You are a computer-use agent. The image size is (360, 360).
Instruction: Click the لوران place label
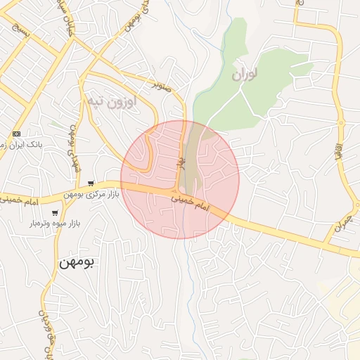[245, 72]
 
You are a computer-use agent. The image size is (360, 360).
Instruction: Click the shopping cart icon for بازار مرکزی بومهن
[91, 184]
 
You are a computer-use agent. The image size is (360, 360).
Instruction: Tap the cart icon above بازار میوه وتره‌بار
[54, 213]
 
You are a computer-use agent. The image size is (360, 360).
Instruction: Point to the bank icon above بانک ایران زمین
[17, 134]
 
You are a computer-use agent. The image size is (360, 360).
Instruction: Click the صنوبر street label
[165, 86]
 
